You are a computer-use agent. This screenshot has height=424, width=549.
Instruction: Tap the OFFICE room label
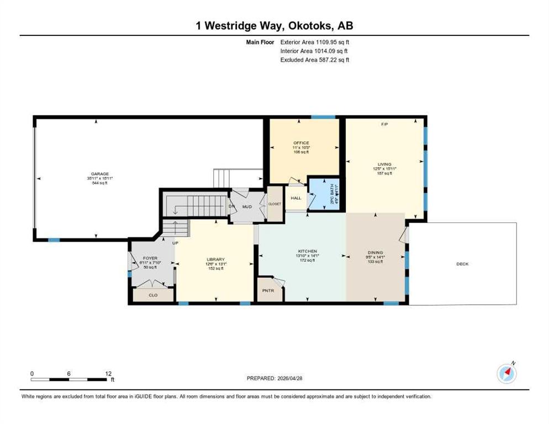pyautogui.click(x=302, y=142)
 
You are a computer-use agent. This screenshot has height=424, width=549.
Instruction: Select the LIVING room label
pyautogui.click(x=384, y=164)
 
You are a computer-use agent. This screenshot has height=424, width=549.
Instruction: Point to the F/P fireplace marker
pyautogui.click(x=384, y=124)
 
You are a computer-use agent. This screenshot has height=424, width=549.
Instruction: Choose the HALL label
pyautogui.click(x=296, y=198)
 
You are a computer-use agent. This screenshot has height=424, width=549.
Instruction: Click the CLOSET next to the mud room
pyautogui.click(x=274, y=204)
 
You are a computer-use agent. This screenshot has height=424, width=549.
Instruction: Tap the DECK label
pyautogui.click(x=462, y=264)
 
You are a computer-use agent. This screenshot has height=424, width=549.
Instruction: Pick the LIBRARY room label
pyautogui.click(x=215, y=259)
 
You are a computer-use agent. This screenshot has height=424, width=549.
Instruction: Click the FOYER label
pyautogui.click(x=150, y=258)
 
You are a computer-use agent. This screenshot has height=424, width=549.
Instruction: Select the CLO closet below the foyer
pyautogui.click(x=153, y=295)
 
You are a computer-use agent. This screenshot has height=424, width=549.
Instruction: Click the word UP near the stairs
pyautogui.click(x=176, y=243)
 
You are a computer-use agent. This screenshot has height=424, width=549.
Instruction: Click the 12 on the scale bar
pyautogui.click(x=108, y=374)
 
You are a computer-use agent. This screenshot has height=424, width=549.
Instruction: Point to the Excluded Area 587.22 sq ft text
pyautogui.click(x=315, y=60)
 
